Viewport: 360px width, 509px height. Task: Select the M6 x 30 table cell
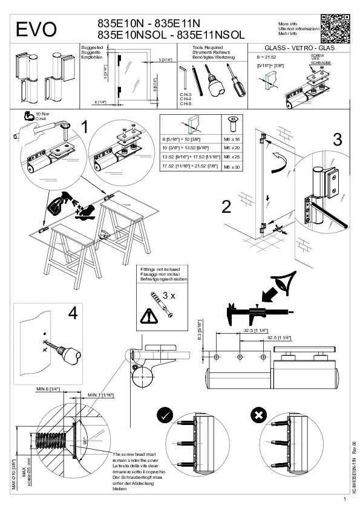pyautogui.click(x=233, y=166)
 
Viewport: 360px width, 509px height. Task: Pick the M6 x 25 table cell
pyautogui.click(x=233, y=157)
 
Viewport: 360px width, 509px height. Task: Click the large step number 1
pyautogui.click(x=86, y=127)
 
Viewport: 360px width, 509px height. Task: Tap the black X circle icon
pyautogui.click(x=258, y=415)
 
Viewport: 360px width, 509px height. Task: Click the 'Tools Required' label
pyautogui.click(x=206, y=46)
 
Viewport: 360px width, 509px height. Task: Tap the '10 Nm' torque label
pyautogui.click(x=42, y=114)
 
